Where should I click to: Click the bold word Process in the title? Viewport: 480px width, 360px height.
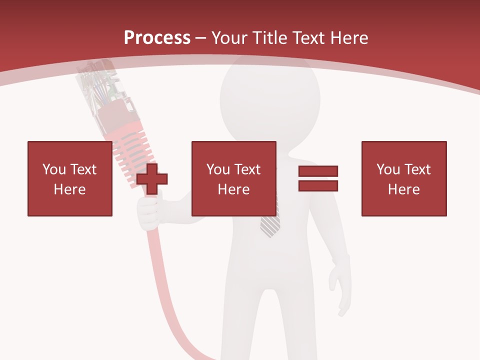point(157,37)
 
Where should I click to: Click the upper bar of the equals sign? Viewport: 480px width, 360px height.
point(318,171)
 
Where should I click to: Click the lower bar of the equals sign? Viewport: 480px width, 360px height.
point(318,186)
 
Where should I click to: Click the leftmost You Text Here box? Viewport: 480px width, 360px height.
point(70,178)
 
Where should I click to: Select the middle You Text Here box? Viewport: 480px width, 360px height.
point(233,178)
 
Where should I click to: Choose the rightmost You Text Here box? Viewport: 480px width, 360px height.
point(403,178)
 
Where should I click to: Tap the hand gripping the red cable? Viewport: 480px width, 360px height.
point(148,212)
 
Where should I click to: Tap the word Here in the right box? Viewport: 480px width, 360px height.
point(403,189)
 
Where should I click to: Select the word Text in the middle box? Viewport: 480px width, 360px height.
point(247,169)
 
